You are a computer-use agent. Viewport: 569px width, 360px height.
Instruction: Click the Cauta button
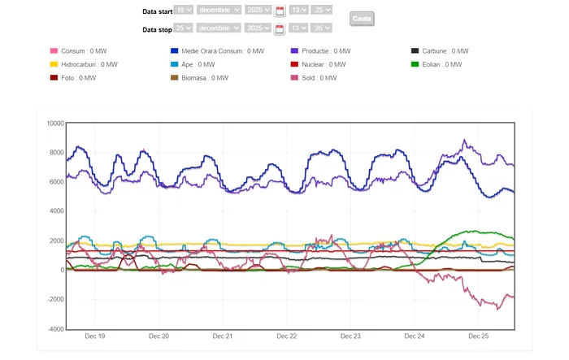[362, 18]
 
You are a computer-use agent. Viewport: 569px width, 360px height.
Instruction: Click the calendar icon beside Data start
[280, 11]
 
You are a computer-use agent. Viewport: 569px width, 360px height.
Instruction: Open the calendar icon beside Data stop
[280, 28]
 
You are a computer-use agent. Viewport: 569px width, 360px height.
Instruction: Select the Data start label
[157, 11]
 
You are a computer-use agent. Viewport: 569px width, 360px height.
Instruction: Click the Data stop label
[157, 29]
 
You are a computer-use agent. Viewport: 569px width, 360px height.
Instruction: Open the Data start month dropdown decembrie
[219, 10]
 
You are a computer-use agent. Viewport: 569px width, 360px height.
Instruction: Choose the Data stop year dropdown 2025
[258, 28]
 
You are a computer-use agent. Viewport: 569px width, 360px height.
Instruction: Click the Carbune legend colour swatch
[415, 51]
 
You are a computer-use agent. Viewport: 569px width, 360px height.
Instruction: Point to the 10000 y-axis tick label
[54, 124]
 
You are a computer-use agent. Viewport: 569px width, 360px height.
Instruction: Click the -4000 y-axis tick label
[54, 329]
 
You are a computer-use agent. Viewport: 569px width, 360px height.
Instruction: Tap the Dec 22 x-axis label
[287, 336]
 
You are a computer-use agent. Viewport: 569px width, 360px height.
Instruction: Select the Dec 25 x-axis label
[479, 336]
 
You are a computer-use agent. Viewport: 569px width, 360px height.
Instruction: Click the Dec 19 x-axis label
[95, 336]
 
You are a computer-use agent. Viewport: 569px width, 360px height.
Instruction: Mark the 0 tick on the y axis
[61, 270]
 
